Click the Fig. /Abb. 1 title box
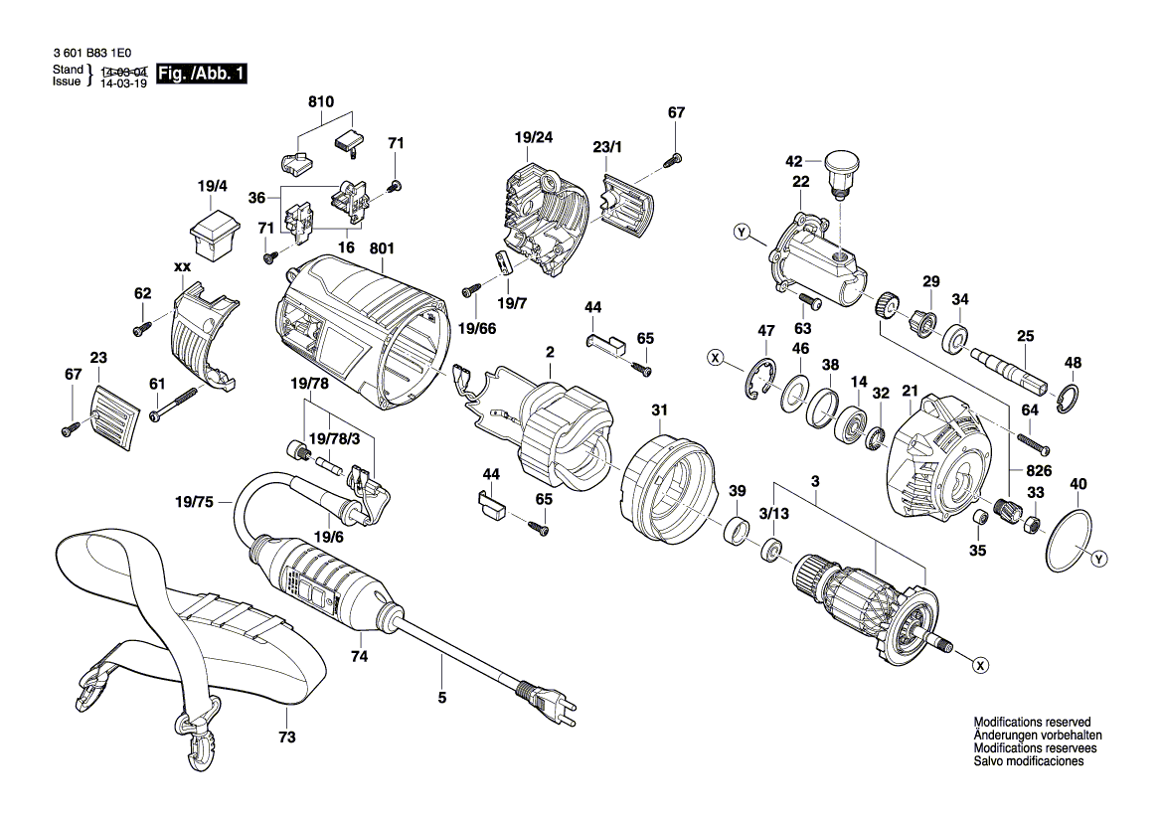tap(203, 74)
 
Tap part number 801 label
tap(382, 248)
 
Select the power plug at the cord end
tap(551, 700)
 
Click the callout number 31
tap(659, 410)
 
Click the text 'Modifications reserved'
tap(1032, 722)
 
